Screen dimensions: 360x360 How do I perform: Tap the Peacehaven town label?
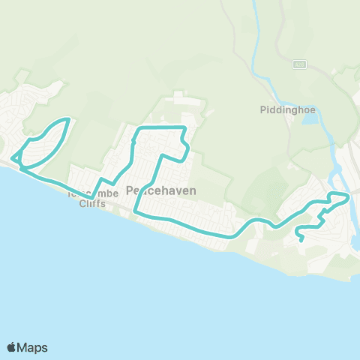(x=160, y=190)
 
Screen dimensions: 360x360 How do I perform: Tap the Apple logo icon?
(x=12, y=347)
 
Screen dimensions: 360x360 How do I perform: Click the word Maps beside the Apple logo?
(x=33, y=347)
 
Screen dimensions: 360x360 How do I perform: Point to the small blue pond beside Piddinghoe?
(x=310, y=120)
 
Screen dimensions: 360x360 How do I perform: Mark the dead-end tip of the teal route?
(x=301, y=241)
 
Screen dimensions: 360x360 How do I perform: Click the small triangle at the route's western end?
(x=15, y=158)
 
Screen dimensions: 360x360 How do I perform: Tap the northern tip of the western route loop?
(x=68, y=119)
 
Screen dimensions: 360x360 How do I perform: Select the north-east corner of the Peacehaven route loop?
(x=184, y=129)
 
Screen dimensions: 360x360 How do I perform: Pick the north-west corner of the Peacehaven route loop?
(x=136, y=130)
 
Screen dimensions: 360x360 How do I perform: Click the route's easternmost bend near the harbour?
(x=348, y=196)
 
